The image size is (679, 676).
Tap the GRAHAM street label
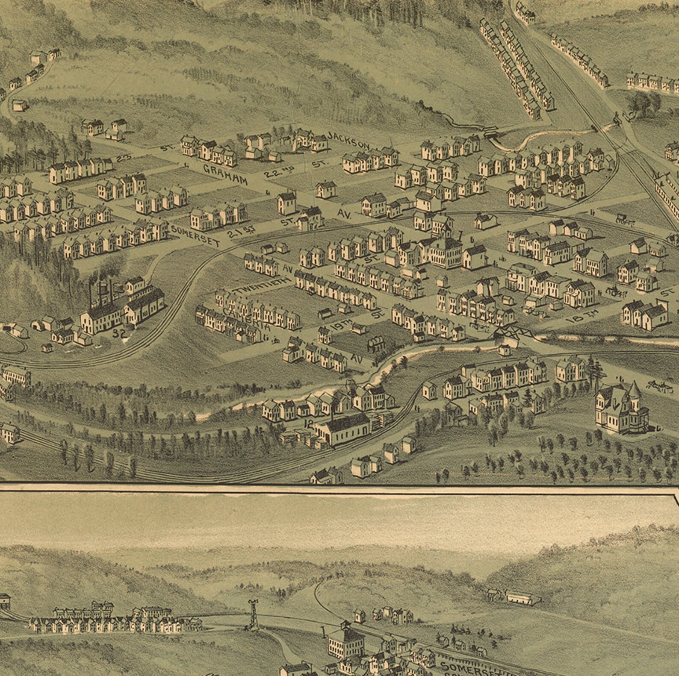[225, 174]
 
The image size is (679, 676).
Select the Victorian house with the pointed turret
[622, 408]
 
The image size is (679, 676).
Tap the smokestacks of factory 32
[101, 291]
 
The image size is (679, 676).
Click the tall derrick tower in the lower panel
[254, 614]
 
